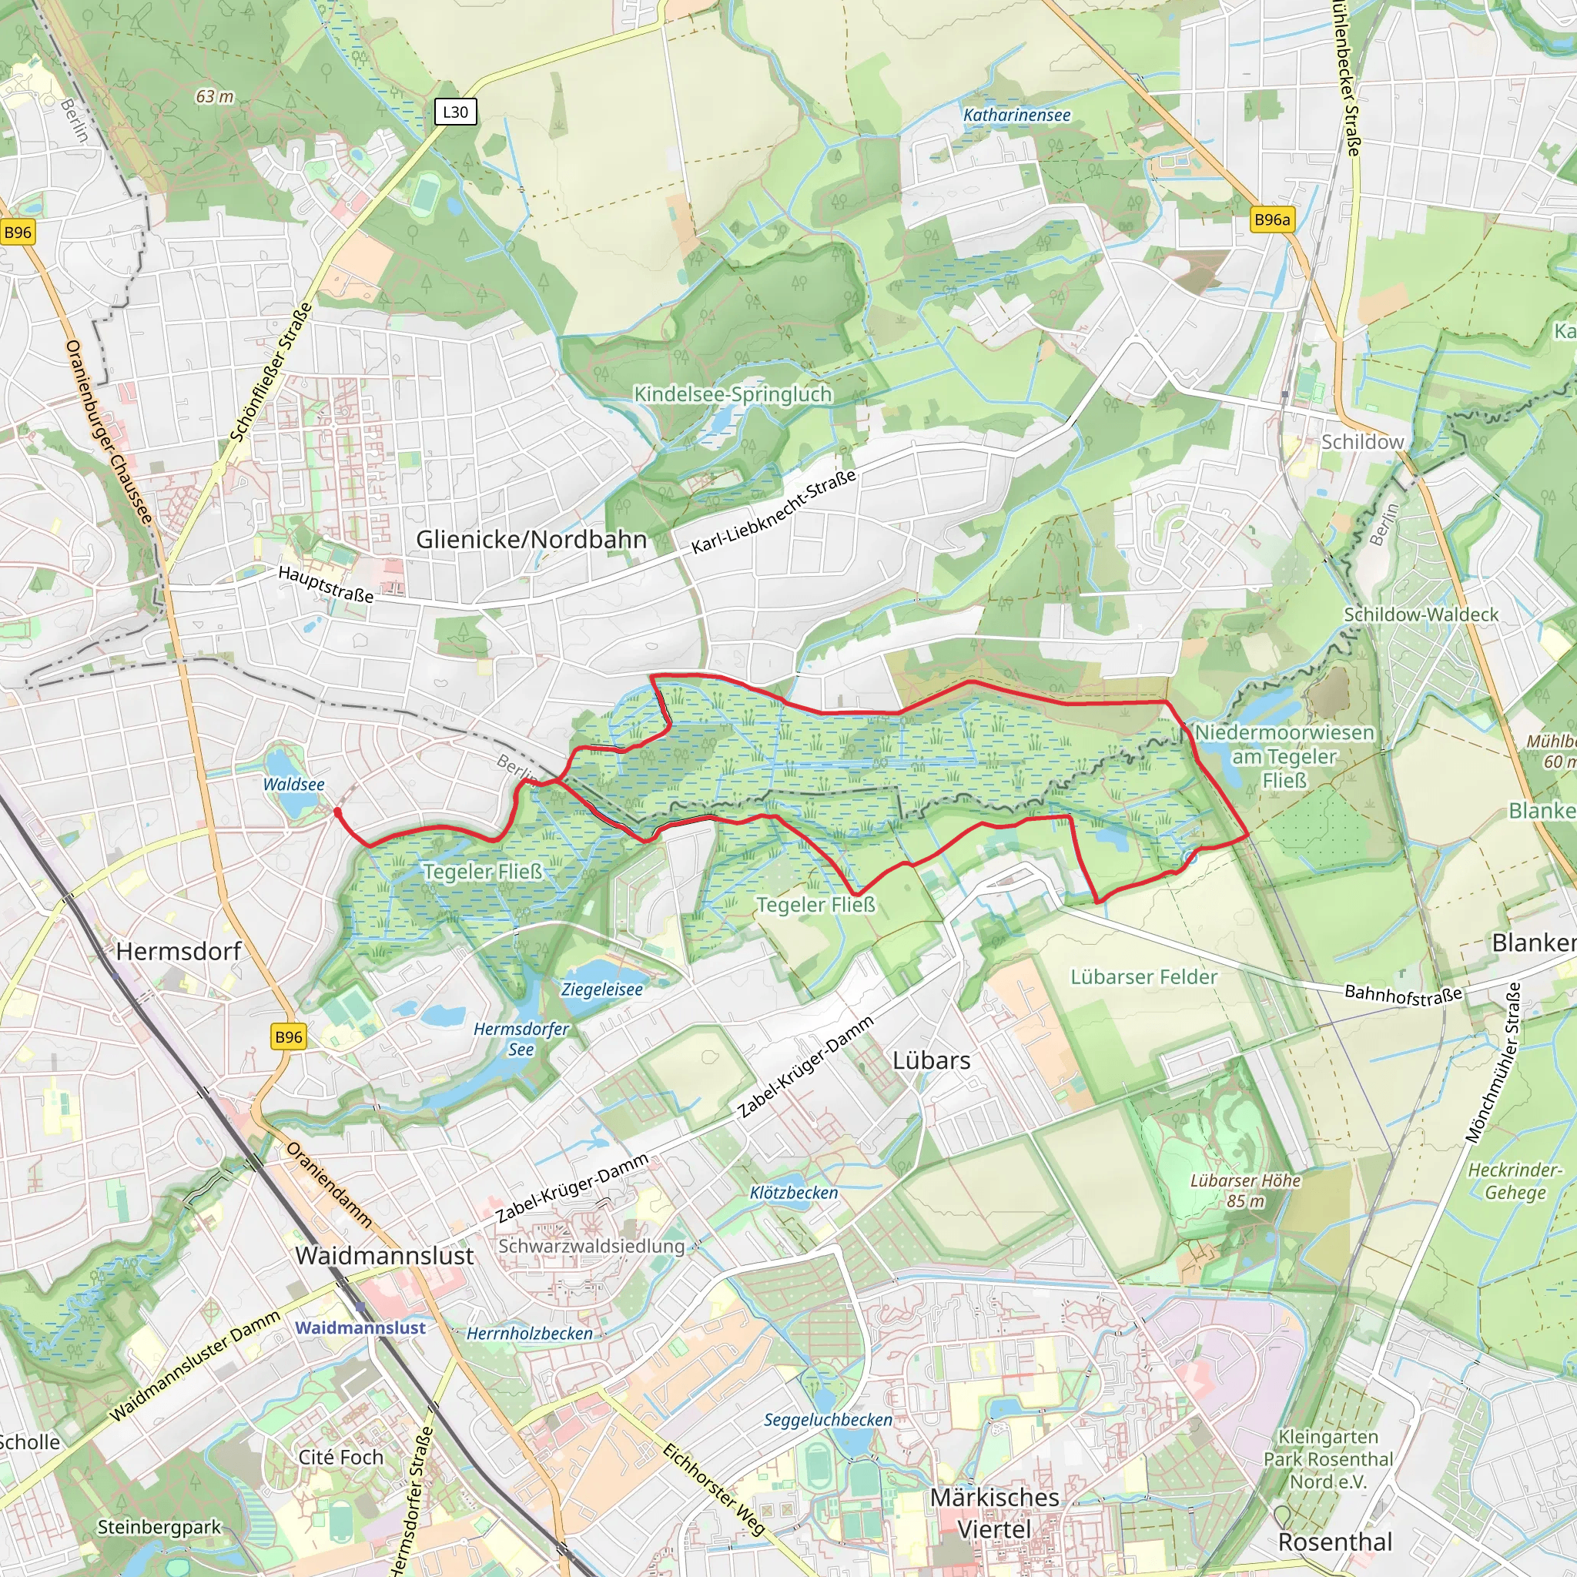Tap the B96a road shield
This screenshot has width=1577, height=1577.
click(1272, 219)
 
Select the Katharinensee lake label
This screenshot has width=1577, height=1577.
click(1016, 115)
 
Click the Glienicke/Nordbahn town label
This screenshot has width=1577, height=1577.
click(531, 540)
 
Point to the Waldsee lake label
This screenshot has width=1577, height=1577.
click(294, 785)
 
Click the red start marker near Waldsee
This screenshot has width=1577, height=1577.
click(338, 812)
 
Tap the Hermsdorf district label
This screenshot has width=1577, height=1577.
click(179, 951)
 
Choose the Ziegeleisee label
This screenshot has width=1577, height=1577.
click(602, 989)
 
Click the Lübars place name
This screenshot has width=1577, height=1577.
click(932, 1060)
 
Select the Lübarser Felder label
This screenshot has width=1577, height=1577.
click(1143, 977)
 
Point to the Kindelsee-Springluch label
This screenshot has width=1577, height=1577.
click(733, 394)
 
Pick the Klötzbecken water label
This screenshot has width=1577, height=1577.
click(793, 1193)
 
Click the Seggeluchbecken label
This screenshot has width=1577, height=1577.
click(828, 1419)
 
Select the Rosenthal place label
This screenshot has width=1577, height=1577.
click(1334, 1542)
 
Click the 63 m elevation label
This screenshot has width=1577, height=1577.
click(215, 96)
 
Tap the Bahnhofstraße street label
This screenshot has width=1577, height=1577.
click(1402, 994)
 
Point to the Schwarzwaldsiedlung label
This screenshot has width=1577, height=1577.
click(591, 1247)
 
